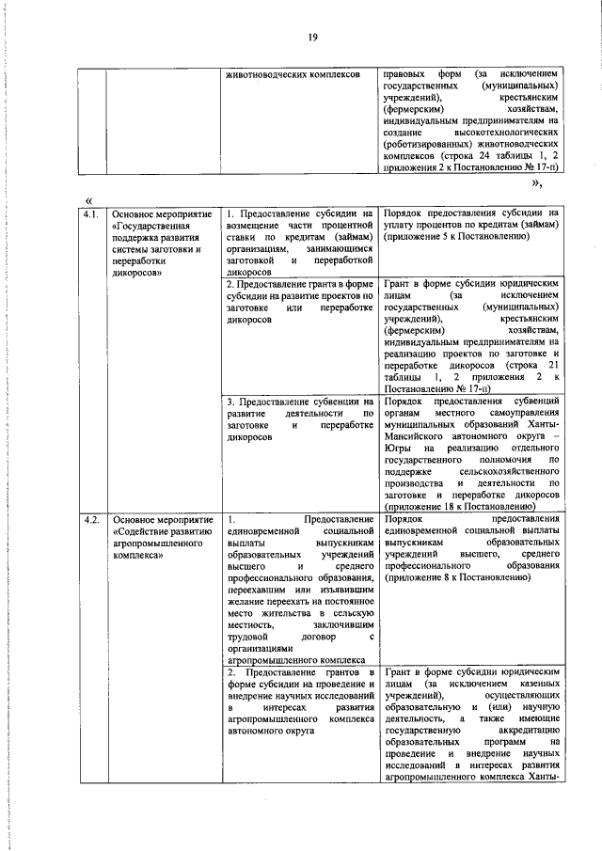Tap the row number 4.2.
coord(90,519)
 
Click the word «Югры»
coord(399,449)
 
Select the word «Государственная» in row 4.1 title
coord(155,227)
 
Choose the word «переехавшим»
coord(261,592)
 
